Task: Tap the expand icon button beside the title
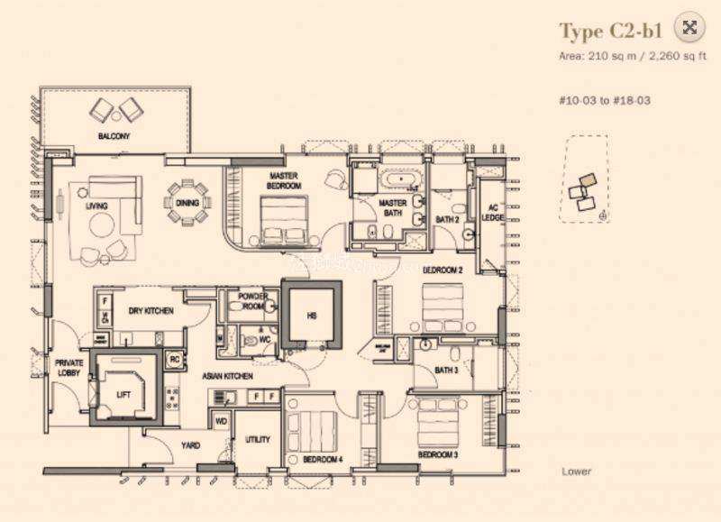point(689,28)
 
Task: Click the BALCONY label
point(114,136)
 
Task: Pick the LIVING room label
point(96,206)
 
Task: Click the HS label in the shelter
point(312,316)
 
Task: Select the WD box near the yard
point(221,420)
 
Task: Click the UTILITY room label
point(258,440)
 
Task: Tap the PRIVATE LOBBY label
point(69,369)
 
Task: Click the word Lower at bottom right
point(575,471)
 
